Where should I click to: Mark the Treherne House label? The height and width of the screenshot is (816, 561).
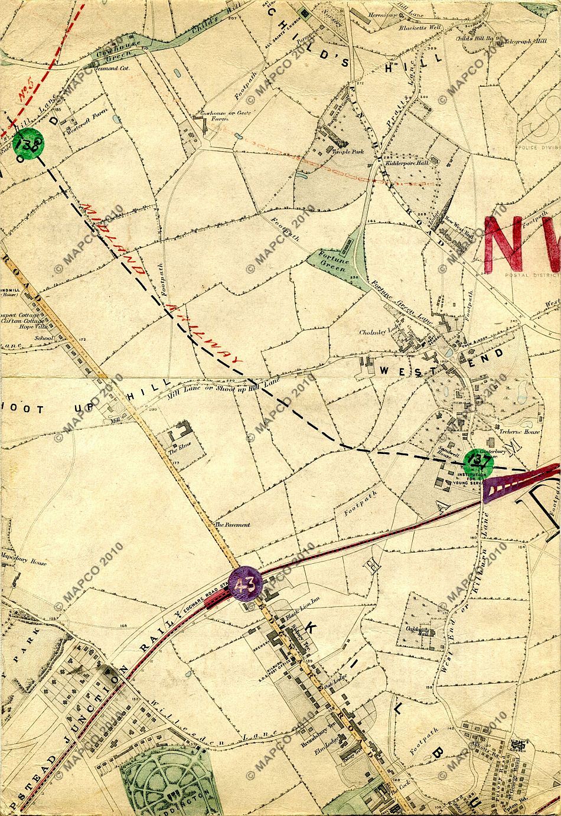click(x=519, y=432)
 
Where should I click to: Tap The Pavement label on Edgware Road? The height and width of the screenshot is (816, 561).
click(x=232, y=524)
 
